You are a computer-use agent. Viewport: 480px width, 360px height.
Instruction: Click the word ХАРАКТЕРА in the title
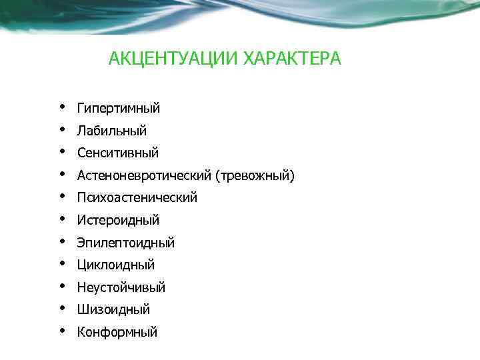pyautogui.click(x=292, y=59)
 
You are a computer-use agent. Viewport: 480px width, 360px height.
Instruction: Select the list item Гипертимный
pyautogui.click(x=119, y=109)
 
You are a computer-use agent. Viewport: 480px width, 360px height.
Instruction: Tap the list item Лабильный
pyautogui.click(x=112, y=131)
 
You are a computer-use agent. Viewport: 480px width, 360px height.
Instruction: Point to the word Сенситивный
pyautogui.click(x=118, y=153)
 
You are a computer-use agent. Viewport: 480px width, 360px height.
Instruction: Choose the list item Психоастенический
pyautogui.click(x=137, y=198)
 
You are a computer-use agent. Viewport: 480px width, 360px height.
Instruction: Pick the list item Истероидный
pyautogui.click(x=118, y=220)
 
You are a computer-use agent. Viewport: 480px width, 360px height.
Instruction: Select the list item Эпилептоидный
pyautogui.click(x=126, y=243)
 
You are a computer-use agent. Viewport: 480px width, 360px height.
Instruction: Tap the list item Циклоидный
pyautogui.click(x=116, y=265)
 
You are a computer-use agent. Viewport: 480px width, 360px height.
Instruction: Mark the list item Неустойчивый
pyautogui.click(x=121, y=288)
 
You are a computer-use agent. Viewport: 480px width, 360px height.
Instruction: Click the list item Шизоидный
pyautogui.click(x=113, y=310)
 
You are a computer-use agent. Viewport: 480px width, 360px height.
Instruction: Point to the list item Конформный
pyautogui.click(x=117, y=332)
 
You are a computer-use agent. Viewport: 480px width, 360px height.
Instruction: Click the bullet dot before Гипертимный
pyautogui.click(x=61, y=106)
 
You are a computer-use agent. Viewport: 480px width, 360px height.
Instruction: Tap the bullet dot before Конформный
pyautogui.click(x=61, y=330)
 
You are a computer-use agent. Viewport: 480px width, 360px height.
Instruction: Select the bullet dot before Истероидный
pyautogui.click(x=61, y=218)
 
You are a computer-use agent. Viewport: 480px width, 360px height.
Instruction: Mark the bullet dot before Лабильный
pyautogui.click(x=61, y=129)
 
